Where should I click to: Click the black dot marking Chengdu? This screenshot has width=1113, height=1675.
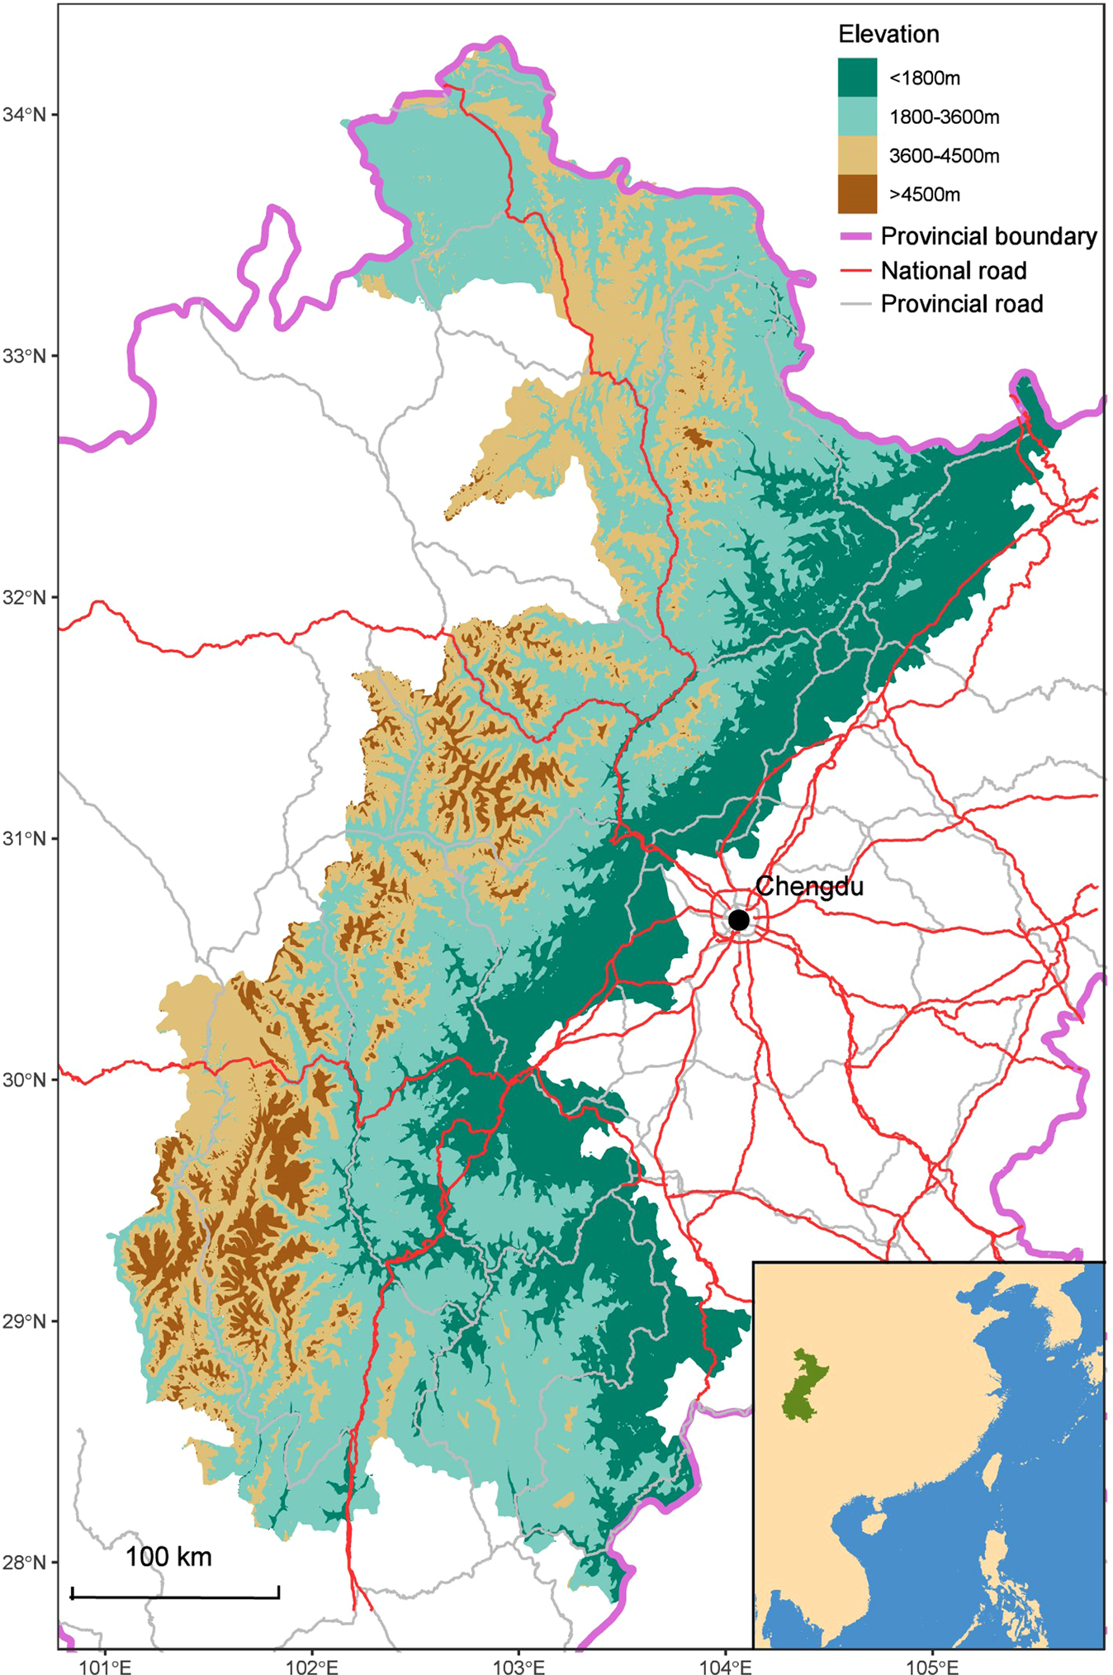click(738, 919)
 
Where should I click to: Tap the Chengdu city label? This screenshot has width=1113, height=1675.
click(809, 886)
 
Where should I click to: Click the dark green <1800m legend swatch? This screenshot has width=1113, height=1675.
click(857, 78)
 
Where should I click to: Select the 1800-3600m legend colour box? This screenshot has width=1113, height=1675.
click(857, 116)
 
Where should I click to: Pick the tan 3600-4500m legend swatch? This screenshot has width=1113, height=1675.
click(857, 155)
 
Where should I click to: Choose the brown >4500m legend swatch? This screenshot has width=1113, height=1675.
click(857, 194)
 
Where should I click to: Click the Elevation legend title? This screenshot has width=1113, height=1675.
click(888, 34)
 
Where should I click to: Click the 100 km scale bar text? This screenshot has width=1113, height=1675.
click(168, 1557)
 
